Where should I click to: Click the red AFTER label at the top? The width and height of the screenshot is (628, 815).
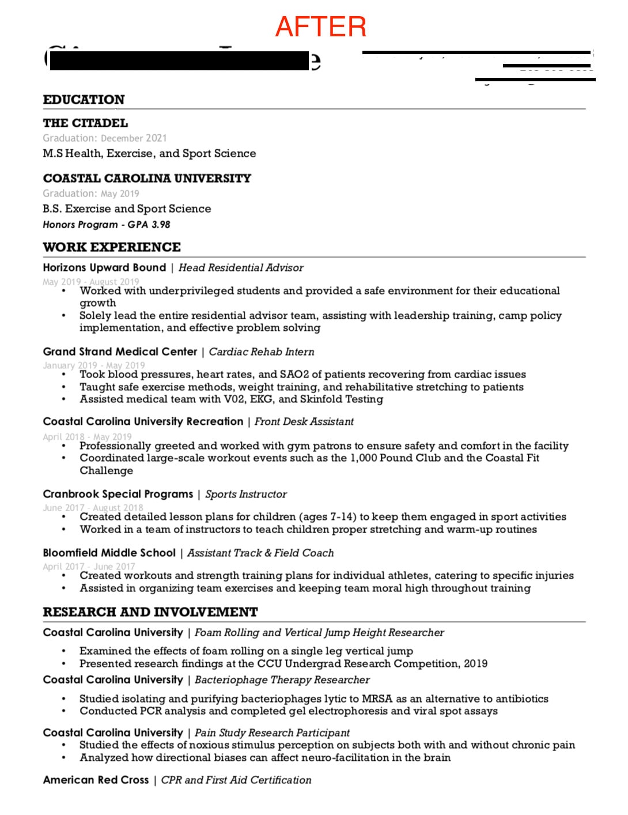pyautogui.click(x=320, y=27)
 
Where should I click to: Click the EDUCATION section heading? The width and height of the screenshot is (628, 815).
pyautogui.click(x=84, y=100)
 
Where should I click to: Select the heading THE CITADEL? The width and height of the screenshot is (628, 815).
pyautogui.click(x=85, y=123)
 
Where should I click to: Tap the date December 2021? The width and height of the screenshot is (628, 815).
pyautogui.click(x=134, y=138)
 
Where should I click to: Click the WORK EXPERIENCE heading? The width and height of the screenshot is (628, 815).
pyautogui.click(x=112, y=247)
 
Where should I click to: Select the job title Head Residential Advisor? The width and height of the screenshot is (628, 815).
pyautogui.click(x=241, y=268)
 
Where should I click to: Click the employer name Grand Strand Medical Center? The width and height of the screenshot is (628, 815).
pyautogui.click(x=120, y=352)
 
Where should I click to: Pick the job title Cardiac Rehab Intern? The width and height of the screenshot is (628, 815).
pyautogui.click(x=262, y=352)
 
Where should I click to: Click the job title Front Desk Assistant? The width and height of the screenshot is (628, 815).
pyautogui.click(x=304, y=422)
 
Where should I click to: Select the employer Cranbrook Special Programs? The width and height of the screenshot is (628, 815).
pyautogui.click(x=118, y=494)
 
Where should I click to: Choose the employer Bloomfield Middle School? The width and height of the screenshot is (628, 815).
pyautogui.click(x=109, y=553)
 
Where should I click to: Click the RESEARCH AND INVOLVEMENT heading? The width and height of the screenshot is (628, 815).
pyautogui.click(x=150, y=612)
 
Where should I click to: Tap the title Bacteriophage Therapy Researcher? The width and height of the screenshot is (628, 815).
pyautogui.click(x=282, y=680)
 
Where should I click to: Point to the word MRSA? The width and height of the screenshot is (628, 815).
pyautogui.click(x=377, y=699)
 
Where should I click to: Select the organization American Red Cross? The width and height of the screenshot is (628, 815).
pyautogui.click(x=96, y=780)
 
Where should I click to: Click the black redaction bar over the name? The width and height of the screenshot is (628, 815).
pyautogui.click(x=179, y=61)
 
